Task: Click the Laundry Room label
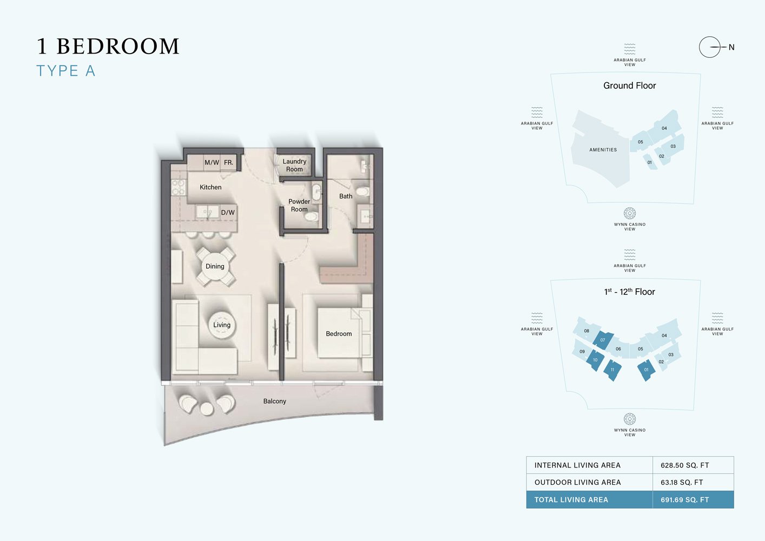point(294,165)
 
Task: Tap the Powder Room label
point(299,205)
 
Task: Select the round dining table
point(215,266)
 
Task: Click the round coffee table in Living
point(222,325)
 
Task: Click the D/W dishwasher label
point(228,213)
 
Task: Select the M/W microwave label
point(212,162)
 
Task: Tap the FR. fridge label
point(229,162)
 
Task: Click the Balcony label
point(275,401)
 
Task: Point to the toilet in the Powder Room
point(311,216)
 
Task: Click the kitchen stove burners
point(179,187)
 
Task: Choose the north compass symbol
point(710,47)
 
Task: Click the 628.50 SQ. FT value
point(684,465)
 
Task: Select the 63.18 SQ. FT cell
point(682,482)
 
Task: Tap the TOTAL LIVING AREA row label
point(571,500)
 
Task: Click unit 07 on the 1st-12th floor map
point(603,340)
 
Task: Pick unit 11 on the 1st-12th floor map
point(612,370)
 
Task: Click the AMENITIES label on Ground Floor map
point(603,150)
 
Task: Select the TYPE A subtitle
point(66,71)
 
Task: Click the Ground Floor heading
point(629,85)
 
